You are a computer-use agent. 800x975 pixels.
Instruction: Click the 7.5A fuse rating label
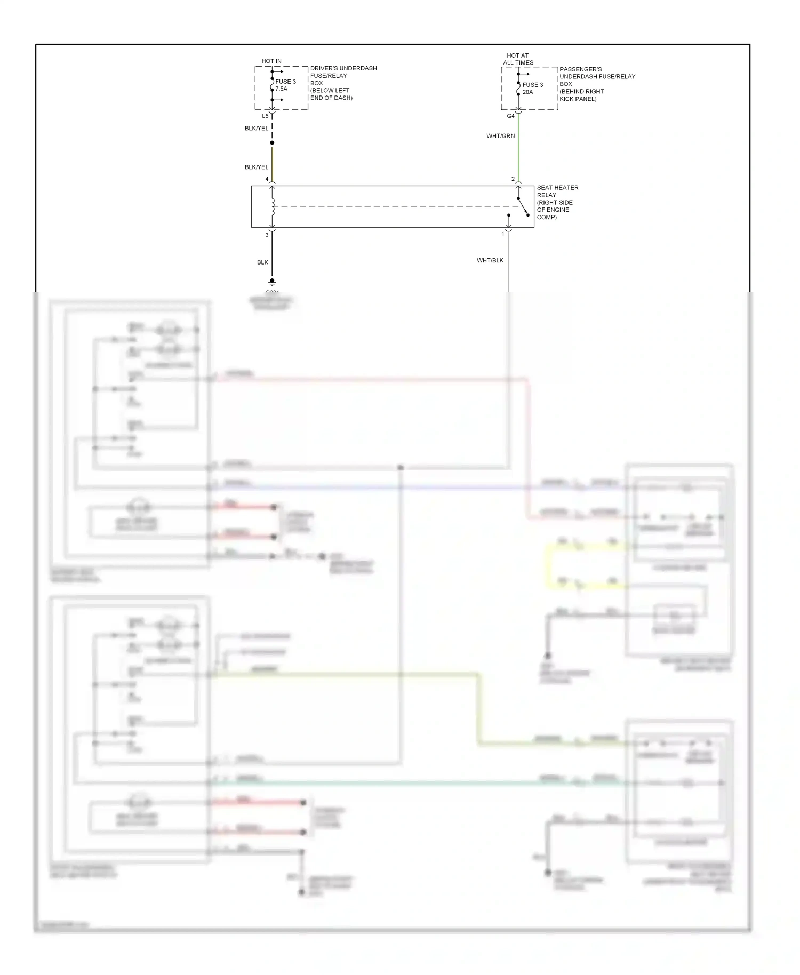pyautogui.click(x=281, y=89)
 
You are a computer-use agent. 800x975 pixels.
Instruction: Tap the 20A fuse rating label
pyautogui.click(x=527, y=92)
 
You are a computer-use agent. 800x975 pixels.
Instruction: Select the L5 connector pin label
pyautogui.click(x=265, y=116)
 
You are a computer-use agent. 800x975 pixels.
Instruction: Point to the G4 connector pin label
pyautogui.click(x=510, y=116)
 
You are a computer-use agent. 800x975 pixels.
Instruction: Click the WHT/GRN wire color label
pyautogui.click(x=500, y=136)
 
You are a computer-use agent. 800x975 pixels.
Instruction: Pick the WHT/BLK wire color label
pyautogui.click(x=490, y=260)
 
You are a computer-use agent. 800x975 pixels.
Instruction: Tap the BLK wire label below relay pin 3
pyautogui.click(x=262, y=262)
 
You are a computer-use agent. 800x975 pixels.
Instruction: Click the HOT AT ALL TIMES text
pyautogui.click(x=518, y=59)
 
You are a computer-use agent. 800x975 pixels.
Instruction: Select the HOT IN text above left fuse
pyautogui.click(x=271, y=61)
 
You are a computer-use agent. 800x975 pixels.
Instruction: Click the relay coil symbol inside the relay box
pyautogui.click(x=273, y=207)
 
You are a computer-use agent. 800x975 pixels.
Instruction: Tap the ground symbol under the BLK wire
pyautogui.click(x=272, y=282)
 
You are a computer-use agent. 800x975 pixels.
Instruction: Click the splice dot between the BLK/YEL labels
pyautogui.click(x=272, y=143)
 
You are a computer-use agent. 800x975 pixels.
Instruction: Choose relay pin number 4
pyautogui.click(x=267, y=179)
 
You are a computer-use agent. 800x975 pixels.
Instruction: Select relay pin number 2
pyautogui.click(x=513, y=179)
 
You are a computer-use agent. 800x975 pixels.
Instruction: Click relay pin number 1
pyautogui.click(x=502, y=234)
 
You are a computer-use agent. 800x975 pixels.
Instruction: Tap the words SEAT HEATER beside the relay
pyautogui.click(x=557, y=188)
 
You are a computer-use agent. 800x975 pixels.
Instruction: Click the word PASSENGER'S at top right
pyautogui.click(x=580, y=69)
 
